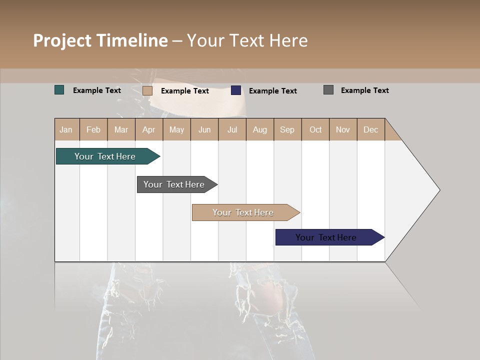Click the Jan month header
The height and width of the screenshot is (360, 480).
66,129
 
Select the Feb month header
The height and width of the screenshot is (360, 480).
93,129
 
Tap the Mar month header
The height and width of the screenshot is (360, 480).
121,129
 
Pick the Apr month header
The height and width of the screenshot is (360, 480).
149,129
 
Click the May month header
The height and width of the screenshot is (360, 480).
176,129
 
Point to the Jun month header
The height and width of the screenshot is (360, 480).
204,129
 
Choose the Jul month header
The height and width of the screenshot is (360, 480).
232,129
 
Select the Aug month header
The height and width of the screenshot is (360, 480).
260,129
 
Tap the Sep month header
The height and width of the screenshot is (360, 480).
287,129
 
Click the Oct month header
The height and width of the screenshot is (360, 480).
315,129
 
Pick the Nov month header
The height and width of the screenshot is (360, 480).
343,129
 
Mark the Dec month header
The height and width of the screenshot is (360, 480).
371,129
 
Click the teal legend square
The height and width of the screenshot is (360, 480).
59,90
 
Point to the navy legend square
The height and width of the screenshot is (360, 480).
236,90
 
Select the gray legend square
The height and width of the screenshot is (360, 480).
328,90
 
